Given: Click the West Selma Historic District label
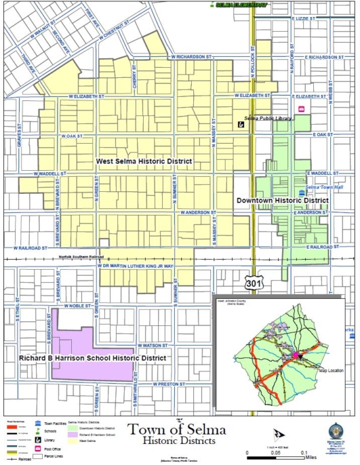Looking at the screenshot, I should tap(144, 161).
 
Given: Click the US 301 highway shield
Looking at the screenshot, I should tap(253, 283).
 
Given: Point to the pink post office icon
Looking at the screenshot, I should tap(302, 109).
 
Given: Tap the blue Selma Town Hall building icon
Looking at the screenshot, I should tap(302, 193).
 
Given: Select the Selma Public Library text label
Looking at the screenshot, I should tap(268, 118).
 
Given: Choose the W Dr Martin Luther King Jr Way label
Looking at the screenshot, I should tap(135, 265).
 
